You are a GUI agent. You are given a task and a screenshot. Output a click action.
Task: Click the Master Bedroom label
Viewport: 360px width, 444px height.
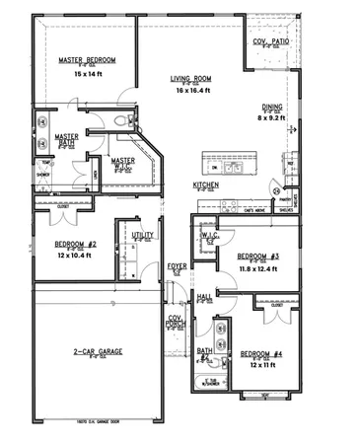tap(87, 61)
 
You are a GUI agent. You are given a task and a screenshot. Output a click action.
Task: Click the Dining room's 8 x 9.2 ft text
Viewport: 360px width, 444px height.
tap(273, 118)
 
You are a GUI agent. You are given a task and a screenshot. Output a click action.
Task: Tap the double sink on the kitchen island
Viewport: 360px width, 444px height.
tap(232, 168)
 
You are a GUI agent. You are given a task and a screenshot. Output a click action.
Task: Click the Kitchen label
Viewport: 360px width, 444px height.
tap(205, 185)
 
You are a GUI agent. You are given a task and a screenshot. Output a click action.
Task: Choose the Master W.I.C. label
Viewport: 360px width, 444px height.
tap(123, 162)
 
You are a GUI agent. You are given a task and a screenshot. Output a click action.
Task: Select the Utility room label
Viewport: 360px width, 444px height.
tap(143, 237)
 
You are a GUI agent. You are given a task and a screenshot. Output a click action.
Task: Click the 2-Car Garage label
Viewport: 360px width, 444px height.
tap(97, 351)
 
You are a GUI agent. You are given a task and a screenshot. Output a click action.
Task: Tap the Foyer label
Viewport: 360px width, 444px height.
tap(177, 265)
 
